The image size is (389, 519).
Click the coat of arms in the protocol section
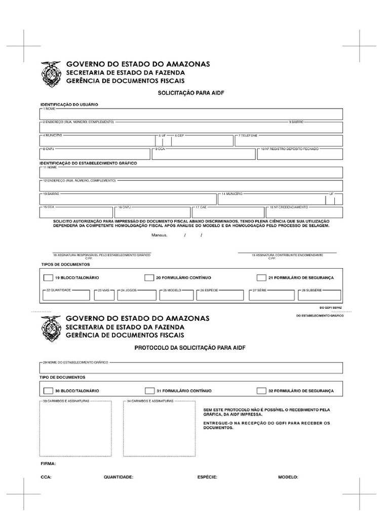(x=51, y=328)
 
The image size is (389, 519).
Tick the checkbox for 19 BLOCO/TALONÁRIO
(x=48, y=278)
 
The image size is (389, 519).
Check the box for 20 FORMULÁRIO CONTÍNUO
(x=149, y=278)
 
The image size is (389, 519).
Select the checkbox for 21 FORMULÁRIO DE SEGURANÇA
(x=261, y=278)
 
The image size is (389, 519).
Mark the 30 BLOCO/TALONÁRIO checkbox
(x=48, y=391)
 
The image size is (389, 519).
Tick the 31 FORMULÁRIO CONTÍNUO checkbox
(x=149, y=391)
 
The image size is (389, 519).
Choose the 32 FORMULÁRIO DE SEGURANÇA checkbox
(x=261, y=391)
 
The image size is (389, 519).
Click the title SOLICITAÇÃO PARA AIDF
(x=191, y=93)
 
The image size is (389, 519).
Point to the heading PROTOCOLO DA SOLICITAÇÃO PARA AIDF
(x=190, y=348)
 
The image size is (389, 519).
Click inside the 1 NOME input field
(x=191, y=115)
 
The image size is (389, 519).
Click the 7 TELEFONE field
(x=288, y=141)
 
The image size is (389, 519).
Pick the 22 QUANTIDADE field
(x=66, y=295)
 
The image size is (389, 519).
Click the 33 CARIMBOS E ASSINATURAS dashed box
(x=75, y=429)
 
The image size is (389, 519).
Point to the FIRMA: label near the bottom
(x=48, y=463)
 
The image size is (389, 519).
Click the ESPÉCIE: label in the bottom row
(x=207, y=477)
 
